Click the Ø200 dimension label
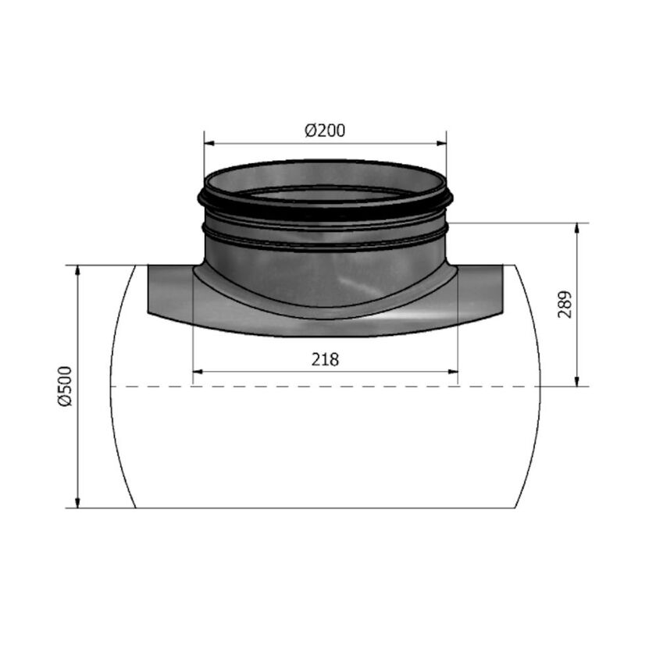click(x=324, y=130)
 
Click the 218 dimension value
click(x=325, y=359)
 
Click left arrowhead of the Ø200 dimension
click(x=209, y=144)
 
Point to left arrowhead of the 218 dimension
click(x=197, y=372)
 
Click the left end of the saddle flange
click(x=150, y=289)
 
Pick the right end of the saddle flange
click(x=500, y=289)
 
